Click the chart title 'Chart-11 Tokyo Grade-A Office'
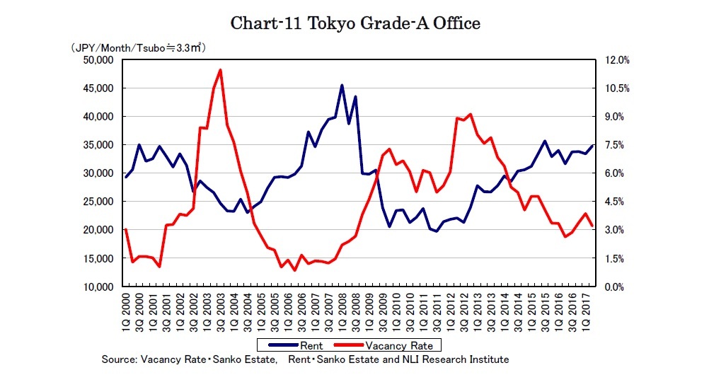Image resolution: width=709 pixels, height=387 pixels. click(x=355, y=23)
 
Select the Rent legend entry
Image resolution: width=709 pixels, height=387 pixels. click(x=296, y=345)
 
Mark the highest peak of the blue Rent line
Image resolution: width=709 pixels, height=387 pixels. click(x=342, y=86)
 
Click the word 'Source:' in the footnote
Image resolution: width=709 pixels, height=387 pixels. click(x=119, y=359)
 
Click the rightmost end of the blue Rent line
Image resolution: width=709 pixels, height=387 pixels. click(x=593, y=145)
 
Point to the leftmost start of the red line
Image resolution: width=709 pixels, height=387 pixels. click(x=126, y=229)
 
